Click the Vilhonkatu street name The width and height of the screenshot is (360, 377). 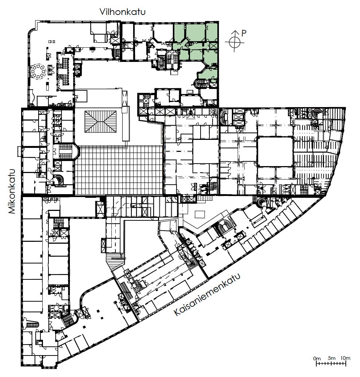[123, 12]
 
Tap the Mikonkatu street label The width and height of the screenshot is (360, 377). [12, 191]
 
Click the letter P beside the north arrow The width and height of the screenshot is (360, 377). [244, 34]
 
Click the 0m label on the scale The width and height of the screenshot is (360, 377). [317, 358]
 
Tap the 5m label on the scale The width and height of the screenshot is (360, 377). [331, 358]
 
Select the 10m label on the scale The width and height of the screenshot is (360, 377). [345, 358]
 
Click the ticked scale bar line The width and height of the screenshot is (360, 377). [331, 364]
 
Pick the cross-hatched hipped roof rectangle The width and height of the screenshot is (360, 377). [100, 121]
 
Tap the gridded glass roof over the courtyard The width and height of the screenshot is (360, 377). [119, 170]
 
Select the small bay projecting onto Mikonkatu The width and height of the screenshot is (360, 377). [19, 150]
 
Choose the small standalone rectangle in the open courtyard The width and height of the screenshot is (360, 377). [200, 215]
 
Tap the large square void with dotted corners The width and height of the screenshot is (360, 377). [275, 152]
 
